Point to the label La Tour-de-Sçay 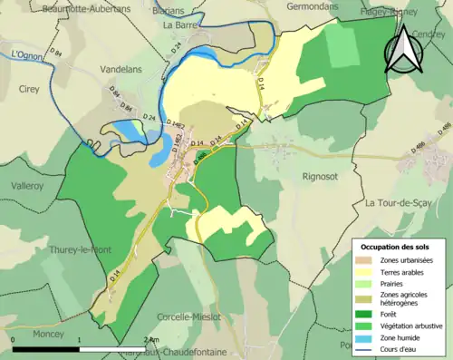401,203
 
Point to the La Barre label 180,25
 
